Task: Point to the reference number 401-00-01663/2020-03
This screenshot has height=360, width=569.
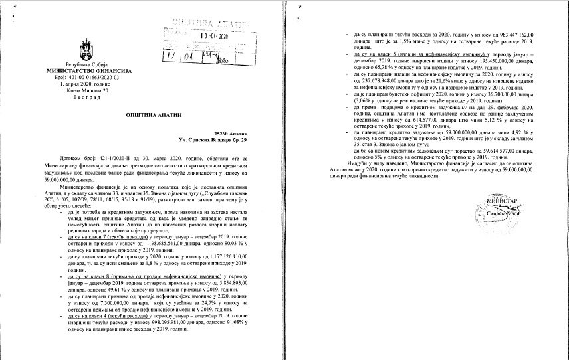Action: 92,78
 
